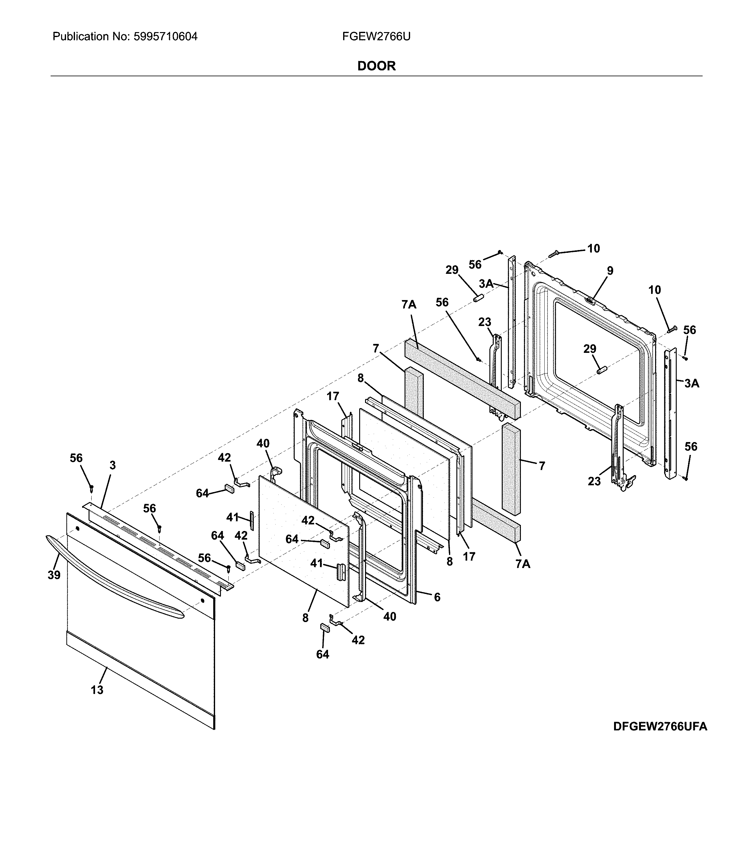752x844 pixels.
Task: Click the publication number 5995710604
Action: [165, 37]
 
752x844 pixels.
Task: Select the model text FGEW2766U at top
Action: [376, 37]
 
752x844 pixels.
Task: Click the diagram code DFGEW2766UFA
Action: [660, 726]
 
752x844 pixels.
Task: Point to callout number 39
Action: [54, 575]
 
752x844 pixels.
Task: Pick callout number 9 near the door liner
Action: [610, 271]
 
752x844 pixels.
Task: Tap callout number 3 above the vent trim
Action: [112, 466]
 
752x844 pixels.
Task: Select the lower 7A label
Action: [523, 563]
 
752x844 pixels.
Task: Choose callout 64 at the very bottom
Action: [323, 654]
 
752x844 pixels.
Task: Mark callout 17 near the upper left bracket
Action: [333, 396]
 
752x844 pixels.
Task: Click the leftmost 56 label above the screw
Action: [76, 458]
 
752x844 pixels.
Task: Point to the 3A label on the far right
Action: [692, 383]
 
